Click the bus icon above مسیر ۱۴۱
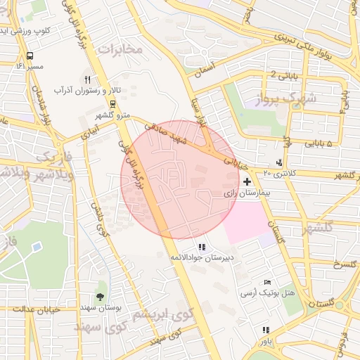point(30,56)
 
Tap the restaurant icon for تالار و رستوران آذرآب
point(87,79)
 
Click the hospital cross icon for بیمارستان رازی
point(247,181)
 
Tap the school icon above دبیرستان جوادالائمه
point(202,247)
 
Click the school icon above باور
point(265,330)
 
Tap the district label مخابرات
point(119,49)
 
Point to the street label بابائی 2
point(283,75)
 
